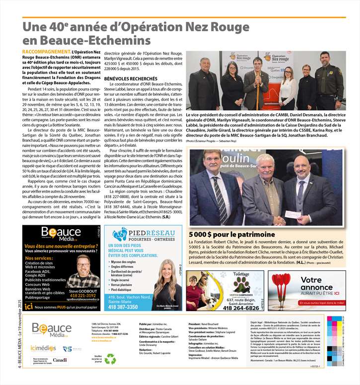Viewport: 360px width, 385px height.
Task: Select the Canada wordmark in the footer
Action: (x=60, y=360)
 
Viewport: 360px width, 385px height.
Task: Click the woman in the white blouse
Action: (x=288, y=84)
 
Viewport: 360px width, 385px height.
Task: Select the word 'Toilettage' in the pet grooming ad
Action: (x=241, y=274)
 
